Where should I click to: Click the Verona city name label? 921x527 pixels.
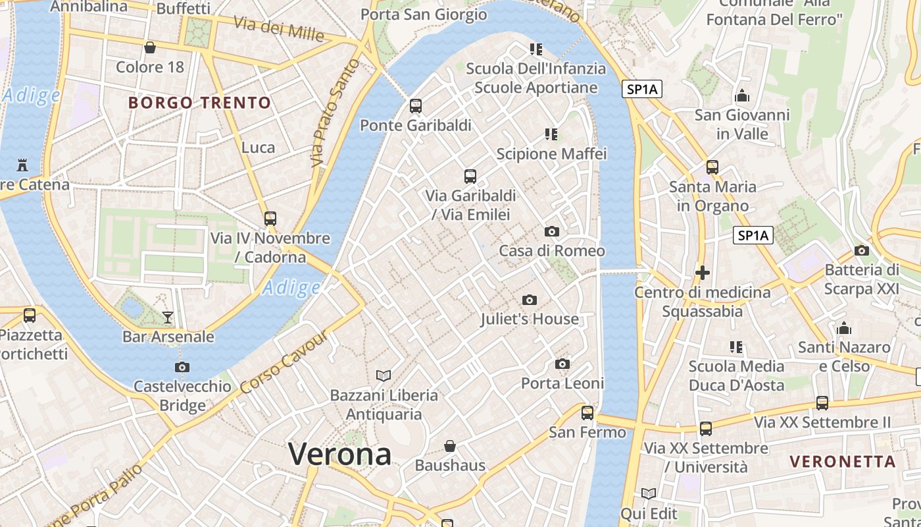(x=339, y=454)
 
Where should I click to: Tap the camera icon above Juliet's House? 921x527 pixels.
(x=529, y=300)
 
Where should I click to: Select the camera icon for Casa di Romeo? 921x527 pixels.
(x=552, y=231)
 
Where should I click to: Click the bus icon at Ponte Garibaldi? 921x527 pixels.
(x=415, y=105)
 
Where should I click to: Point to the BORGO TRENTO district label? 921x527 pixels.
(x=199, y=103)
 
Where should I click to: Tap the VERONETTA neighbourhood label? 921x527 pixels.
(x=842, y=461)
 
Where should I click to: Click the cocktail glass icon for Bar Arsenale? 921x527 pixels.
(x=168, y=318)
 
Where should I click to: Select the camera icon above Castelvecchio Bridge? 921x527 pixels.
(x=182, y=367)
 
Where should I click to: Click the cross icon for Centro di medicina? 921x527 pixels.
(x=702, y=272)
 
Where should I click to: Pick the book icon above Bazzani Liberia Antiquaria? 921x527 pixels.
(x=384, y=375)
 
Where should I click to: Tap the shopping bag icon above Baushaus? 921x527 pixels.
(x=449, y=446)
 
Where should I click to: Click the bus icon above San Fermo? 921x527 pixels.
(x=587, y=413)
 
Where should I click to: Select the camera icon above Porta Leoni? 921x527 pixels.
(x=562, y=364)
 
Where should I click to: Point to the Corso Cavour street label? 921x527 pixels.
(x=284, y=362)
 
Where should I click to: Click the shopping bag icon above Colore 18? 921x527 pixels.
(x=150, y=47)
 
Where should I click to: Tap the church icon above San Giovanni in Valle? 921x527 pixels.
(x=742, y=96)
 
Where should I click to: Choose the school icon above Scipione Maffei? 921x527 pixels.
(x=551, y=134)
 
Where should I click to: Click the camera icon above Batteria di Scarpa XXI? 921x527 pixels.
(x=861, y=250)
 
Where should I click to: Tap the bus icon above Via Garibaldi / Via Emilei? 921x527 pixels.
(x=470, y=176)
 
